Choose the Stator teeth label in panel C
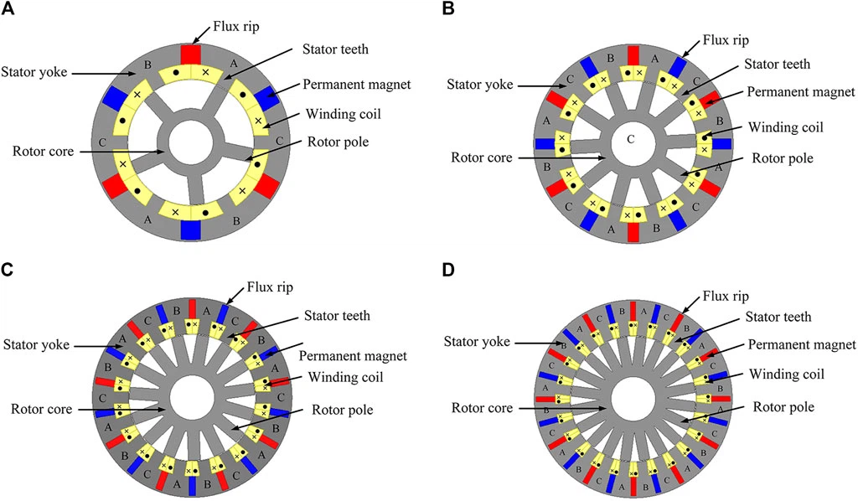338,315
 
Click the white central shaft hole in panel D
633,398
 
